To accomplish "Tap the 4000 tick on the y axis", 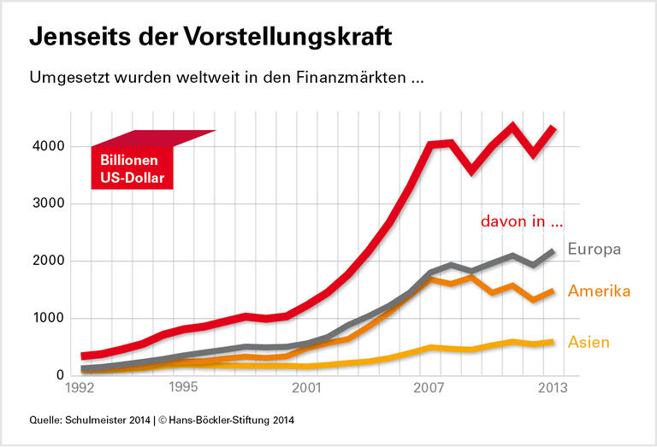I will (x=50, y=147).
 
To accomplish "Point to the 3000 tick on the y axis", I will (x=50, y=204).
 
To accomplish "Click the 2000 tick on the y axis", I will (x=50, y=262).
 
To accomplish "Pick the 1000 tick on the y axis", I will (x=50, y=319).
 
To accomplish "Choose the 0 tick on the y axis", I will (x=60, y=375).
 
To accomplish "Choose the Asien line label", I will (x=589, y=343).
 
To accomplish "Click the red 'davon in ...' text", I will (x=522, y=221).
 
